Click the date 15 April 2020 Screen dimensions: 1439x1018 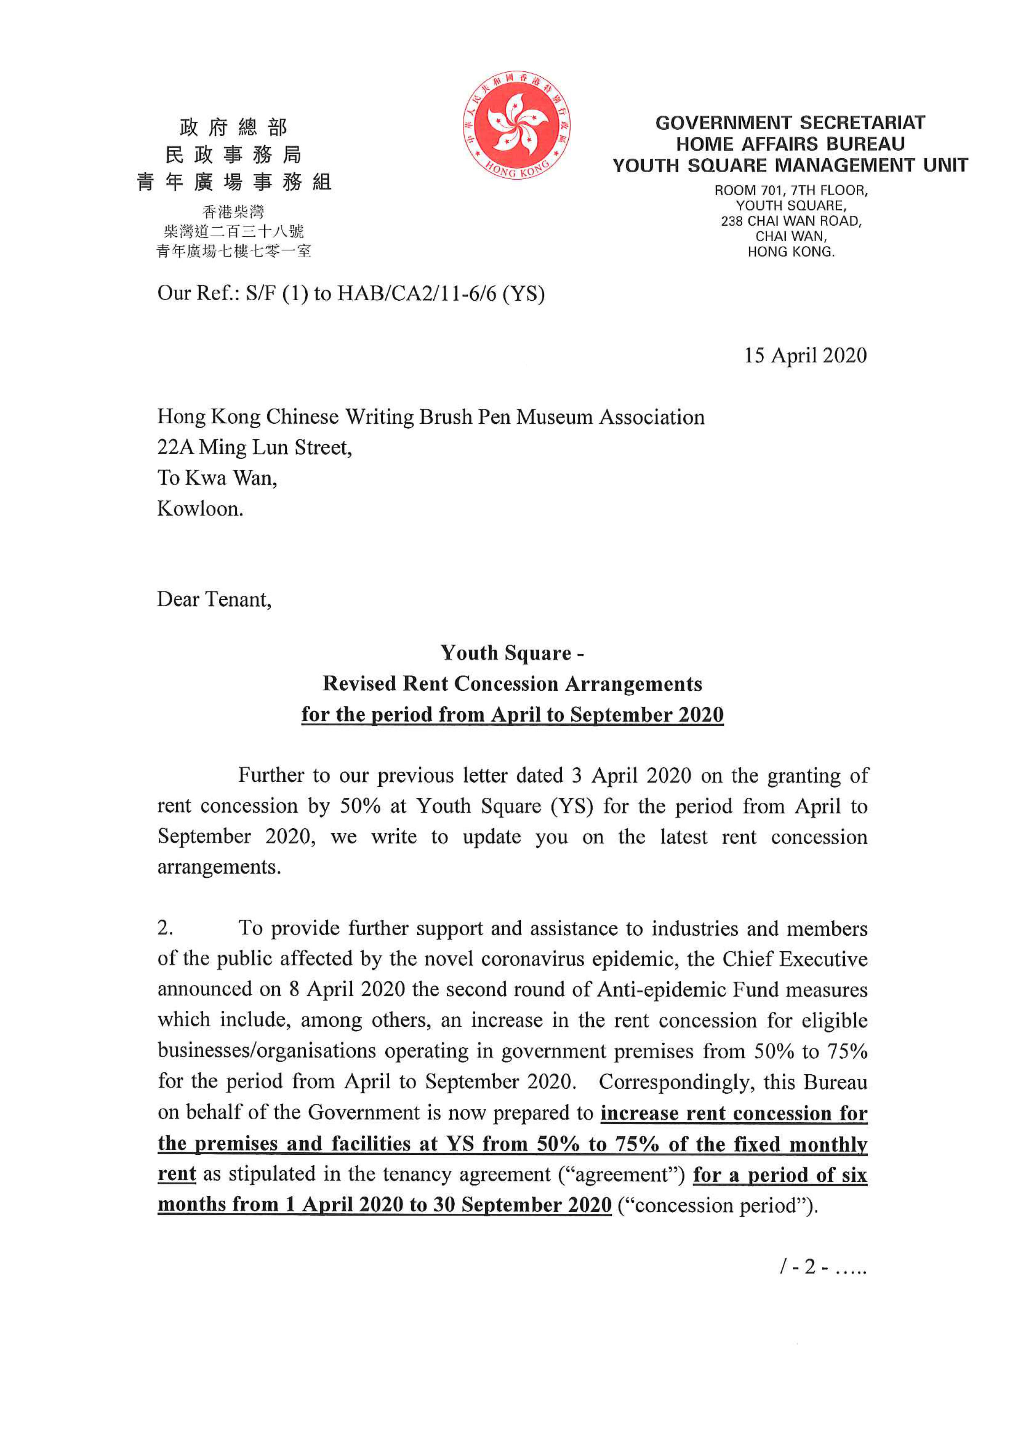[x=805, y=355]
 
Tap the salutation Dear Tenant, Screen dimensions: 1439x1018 [x=214, y=599]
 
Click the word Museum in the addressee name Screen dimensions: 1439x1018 [x=554, y=417]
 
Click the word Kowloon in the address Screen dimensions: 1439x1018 [x=199, y=508]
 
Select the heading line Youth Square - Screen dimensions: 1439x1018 [x=512, y=653]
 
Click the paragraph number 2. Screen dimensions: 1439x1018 [x=165, y=927]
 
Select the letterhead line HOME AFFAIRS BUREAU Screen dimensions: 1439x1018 [x=790, y=144]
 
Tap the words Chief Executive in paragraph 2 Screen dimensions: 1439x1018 [x=794, y=959]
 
